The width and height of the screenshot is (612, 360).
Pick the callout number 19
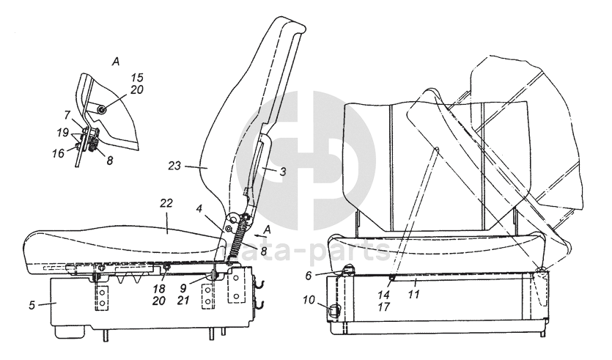click(64, 133)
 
